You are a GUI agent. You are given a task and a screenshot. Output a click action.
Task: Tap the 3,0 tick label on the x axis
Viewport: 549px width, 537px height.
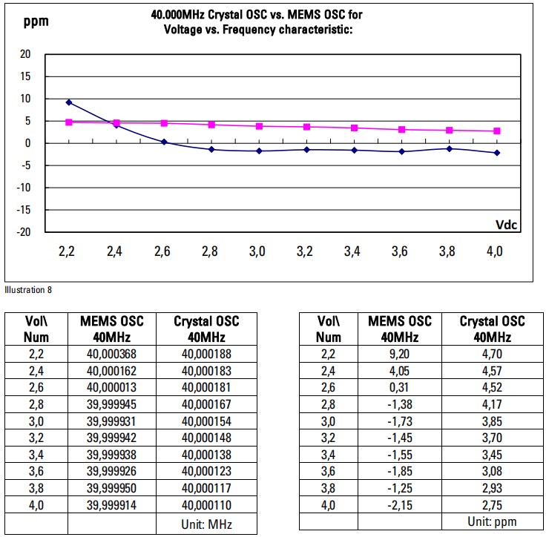click(x=257, y=252)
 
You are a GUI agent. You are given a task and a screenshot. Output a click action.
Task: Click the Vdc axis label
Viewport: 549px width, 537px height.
click(x=506, y=224)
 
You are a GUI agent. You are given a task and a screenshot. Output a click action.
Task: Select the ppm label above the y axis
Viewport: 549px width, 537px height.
click(x=36, y=20)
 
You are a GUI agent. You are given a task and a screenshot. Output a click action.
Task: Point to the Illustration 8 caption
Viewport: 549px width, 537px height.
click(x=28, y=289)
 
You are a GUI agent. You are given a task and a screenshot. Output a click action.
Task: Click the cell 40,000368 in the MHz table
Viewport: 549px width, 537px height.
click(x=112, y=354)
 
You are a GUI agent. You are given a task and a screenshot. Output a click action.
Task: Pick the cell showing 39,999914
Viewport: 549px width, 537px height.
click(x=112, y=505)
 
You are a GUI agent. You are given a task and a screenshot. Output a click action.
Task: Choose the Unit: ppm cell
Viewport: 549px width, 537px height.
click(x=492, y=521)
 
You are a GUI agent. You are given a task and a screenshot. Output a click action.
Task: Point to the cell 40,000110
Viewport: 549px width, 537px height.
click(x=207, y=505)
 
